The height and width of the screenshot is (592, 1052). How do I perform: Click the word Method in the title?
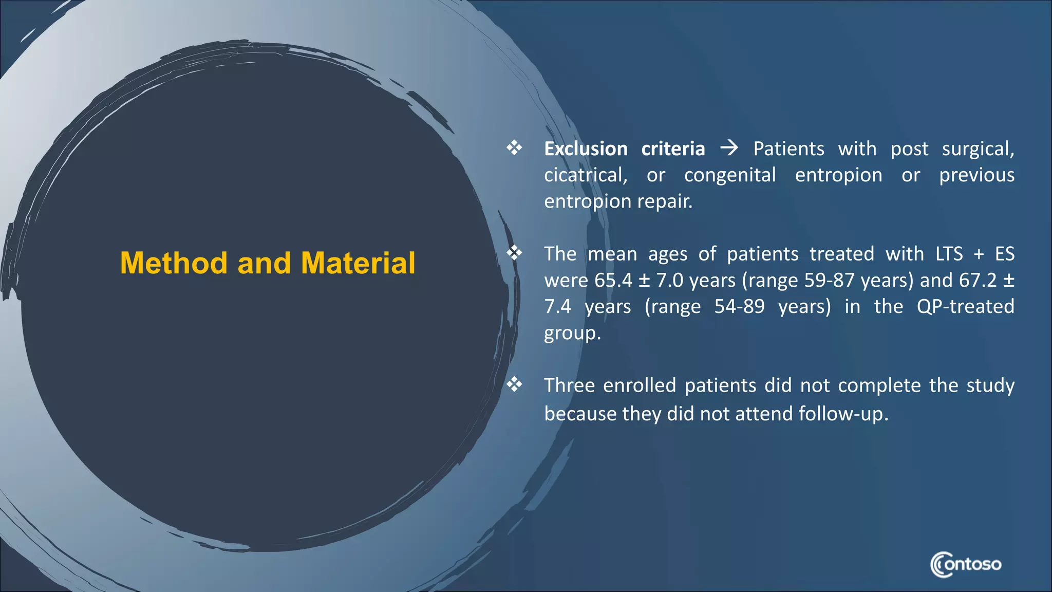pyautogui.click(x=173, y=263)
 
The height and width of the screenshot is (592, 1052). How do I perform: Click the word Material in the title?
pyautogui.click(x=358, y=263)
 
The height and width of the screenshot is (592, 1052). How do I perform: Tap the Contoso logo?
pyautogui.click(x=965, y=564)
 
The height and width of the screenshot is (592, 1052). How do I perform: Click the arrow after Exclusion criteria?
pyautogui.click(x=729, y=149)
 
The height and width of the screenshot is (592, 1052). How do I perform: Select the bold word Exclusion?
pyautogui.click(x=586, y=149)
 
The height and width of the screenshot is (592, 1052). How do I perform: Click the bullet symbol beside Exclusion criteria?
pyautogui.click(x=514, y=148)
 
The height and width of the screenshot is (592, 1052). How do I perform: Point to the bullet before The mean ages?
pyautogui.click(x=514, y=253)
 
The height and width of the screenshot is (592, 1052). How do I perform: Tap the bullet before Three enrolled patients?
pyautogui.click(x=514, y=384)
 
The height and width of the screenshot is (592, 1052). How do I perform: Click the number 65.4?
pyautogui.click(x=613, y=281)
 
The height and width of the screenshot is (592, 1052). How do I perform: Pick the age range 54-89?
pyautogui.click(x=739, y=307)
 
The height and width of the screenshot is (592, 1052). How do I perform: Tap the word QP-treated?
pyautogui.click(x=965, y=307)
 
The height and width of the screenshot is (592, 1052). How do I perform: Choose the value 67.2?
pyautogui.click(x=978, y=281)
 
